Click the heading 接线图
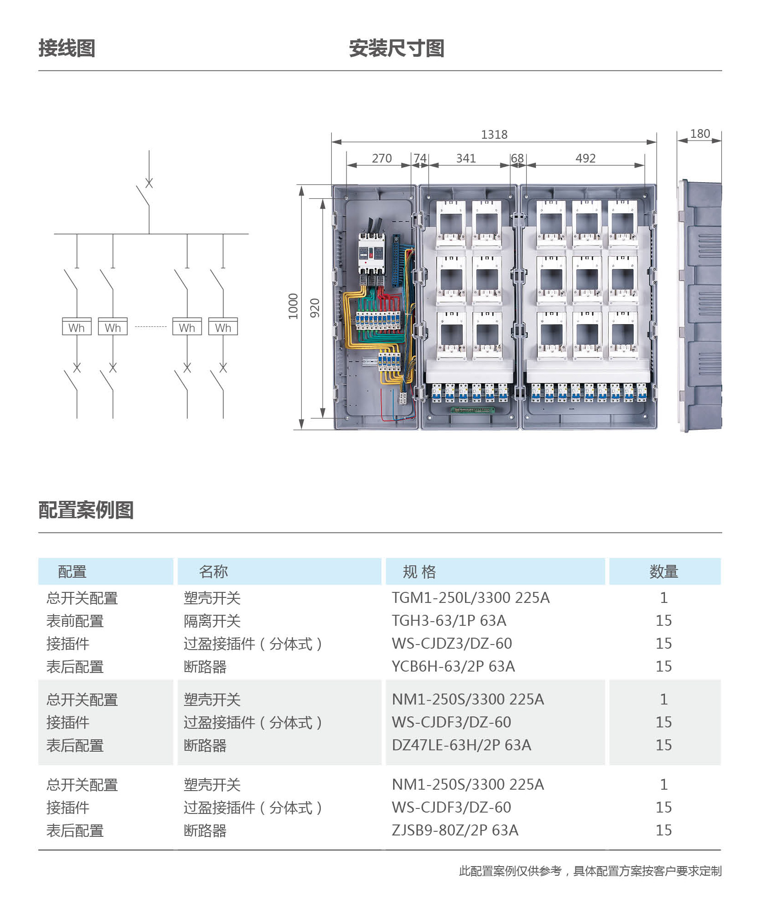(67, 48)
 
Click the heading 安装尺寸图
(396, 48)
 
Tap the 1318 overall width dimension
(494, 135)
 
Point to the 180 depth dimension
(700, 134)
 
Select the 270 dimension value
(382, 158)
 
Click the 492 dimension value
(585, 158)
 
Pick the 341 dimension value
(466, 158)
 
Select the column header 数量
(664, 571)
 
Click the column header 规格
(419, 571)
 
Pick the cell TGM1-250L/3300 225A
(470, 598)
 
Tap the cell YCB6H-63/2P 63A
(453, 667)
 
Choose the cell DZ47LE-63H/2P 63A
(461, 745)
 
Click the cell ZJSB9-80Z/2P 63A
(455, 830)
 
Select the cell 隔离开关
(212, 621)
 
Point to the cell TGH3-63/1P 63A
(449, 621)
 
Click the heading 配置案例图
(86, 510)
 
